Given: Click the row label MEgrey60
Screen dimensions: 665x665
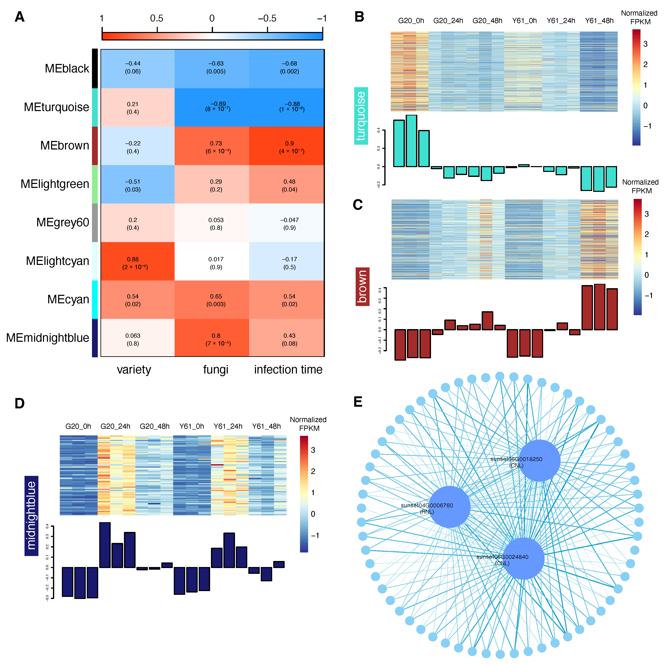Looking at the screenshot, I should [63, 223].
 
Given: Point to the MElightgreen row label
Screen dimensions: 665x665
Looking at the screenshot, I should [55, 184].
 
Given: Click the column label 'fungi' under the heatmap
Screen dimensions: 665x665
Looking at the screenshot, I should [216, 370].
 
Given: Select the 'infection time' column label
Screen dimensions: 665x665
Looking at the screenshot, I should [288, 370].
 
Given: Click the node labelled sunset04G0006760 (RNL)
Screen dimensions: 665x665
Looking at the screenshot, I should [449, 507].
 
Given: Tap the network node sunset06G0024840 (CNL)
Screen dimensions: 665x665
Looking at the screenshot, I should [524, 558].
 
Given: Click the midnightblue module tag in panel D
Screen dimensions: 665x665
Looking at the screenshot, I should [31, 516].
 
